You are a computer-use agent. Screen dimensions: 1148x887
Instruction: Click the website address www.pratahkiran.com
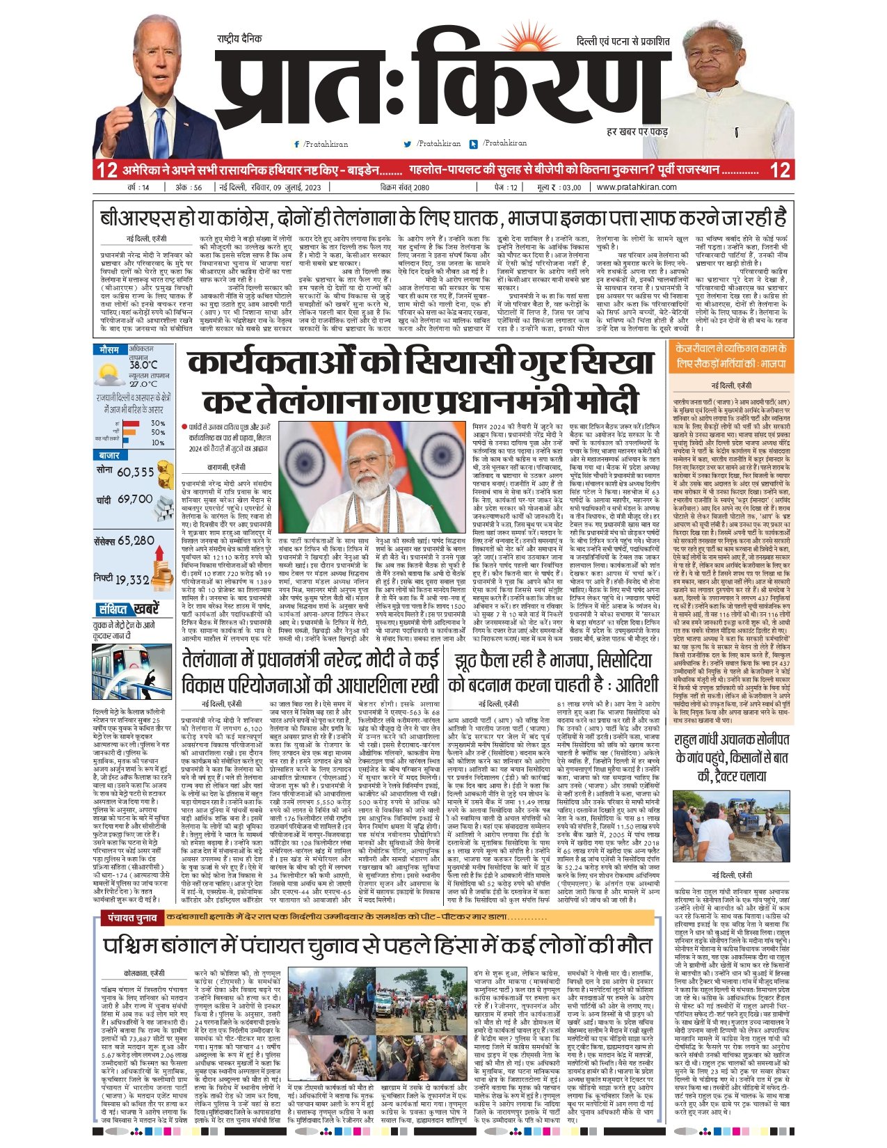point(636,187)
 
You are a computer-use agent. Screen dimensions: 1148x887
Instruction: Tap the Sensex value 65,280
point(136,541)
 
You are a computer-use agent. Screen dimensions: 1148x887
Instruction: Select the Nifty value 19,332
point(132,579)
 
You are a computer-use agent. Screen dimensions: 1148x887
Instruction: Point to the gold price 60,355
point(135,472)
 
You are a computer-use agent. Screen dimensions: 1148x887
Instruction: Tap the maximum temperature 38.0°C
point(143,365)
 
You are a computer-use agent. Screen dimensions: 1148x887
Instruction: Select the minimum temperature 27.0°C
point(143,383)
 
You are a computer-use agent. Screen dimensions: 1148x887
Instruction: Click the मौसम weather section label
point(109,349)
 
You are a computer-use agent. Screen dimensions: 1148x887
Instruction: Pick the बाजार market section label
point(110,455)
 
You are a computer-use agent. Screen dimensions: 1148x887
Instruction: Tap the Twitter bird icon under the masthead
point(408,144)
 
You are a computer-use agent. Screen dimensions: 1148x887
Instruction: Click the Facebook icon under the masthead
point(297,144)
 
